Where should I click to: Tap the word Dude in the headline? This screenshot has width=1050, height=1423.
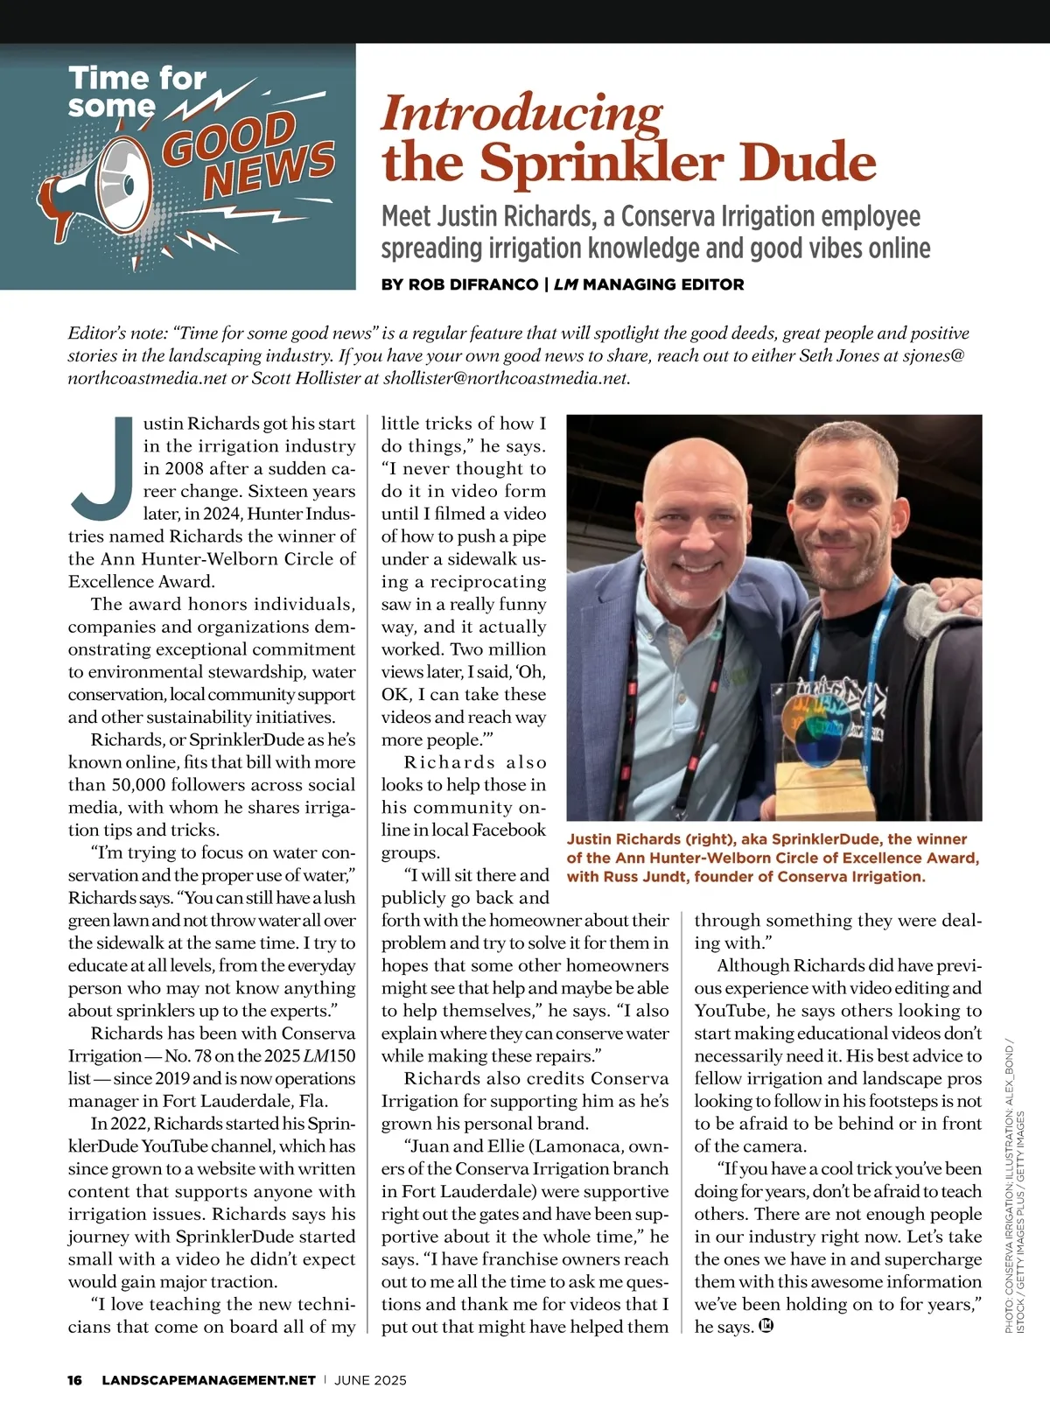(x=810, y=163)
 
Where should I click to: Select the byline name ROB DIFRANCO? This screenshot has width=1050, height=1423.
(x=461, y=284)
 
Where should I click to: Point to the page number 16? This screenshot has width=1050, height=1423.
(x=75, y=1380)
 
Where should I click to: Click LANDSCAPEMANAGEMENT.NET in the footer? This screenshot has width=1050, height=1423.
(x=208, y=1380)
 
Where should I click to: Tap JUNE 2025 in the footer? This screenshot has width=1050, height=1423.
(x=370, y=1380)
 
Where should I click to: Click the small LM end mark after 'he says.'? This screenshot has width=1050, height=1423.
(x=766, y=1327)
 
